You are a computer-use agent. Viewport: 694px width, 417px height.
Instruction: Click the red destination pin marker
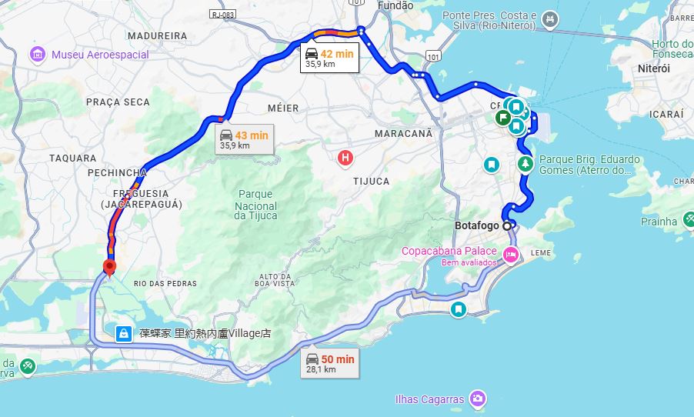coord(108,267)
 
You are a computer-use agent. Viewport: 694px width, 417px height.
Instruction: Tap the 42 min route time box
coord(329,58)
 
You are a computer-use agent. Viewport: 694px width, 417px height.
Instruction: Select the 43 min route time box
coord(245,139)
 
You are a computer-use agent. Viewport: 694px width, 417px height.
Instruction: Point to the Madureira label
coord(157,35)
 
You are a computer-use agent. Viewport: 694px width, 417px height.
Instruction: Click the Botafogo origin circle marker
coord(507,226)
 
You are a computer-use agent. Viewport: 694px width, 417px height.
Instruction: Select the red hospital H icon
coord(345,158)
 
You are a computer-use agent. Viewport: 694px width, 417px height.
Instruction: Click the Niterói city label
coord(654,68)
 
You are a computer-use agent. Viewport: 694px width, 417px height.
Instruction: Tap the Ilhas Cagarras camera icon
coord(479,399)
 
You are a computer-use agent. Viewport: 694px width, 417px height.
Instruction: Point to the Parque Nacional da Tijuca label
coord(255,205)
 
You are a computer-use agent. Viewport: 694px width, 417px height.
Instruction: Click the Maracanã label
coord(403,133)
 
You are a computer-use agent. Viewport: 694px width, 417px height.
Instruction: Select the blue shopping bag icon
coord(122,334)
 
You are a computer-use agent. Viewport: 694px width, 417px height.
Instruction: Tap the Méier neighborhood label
coord(282,107)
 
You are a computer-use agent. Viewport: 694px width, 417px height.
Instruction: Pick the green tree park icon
coord(526,164)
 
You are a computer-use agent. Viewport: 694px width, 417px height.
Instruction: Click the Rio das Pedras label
coord(165,283)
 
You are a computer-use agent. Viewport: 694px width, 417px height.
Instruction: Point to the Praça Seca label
coord(118,102)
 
